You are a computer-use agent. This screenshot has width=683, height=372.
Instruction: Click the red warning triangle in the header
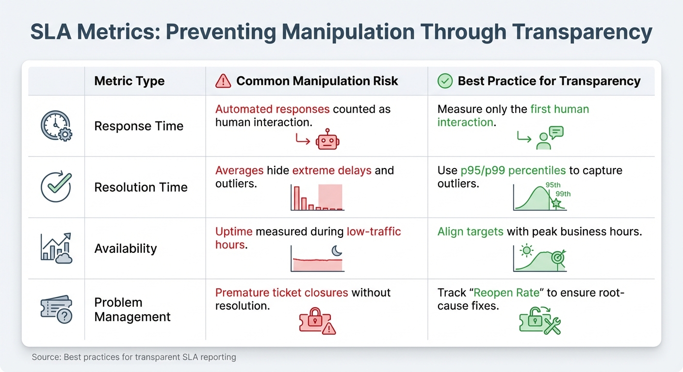pos(223,81)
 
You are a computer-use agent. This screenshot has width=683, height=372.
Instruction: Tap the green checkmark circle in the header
pos(445,81)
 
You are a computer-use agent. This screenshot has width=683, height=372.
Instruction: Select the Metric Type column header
pos(129,81)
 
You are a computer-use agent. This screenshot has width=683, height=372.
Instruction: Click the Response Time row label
pos(139,126)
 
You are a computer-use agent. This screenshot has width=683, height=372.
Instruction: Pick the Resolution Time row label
pos(141,187)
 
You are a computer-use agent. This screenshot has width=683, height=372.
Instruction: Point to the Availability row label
pos(126,248)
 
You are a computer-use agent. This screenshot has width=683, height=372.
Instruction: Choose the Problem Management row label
pos(132,310)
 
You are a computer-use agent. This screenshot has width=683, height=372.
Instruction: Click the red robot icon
pos(327,140)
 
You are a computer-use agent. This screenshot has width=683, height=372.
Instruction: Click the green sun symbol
pos(526,250)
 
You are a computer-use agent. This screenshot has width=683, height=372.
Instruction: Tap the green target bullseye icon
pos(558,259)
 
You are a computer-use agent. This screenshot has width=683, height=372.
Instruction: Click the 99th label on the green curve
pos(563,194)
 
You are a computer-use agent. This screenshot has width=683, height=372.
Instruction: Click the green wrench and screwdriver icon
pos(552,325)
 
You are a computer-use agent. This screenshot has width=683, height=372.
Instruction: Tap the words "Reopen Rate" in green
pos(506,293)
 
